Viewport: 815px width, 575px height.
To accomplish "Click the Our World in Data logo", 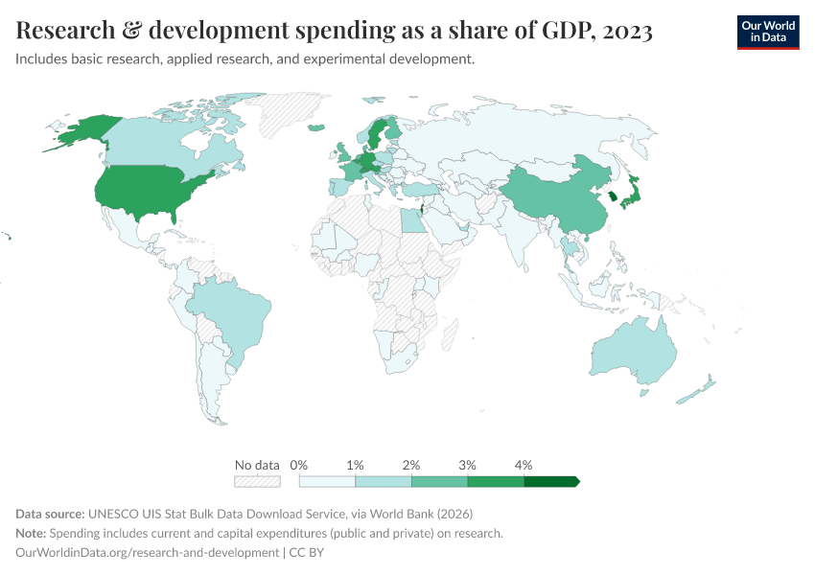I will tap(767, 32).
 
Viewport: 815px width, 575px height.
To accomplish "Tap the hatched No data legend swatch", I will tap(257, 481).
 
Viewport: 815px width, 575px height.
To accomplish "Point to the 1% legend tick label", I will tap(355, 465).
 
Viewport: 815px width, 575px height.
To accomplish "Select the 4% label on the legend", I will tap(524, 465).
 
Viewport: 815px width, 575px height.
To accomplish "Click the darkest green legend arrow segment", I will tap(551, 481).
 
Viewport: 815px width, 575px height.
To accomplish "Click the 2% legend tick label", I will tap(411, 465).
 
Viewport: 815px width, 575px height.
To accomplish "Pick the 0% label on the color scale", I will tap(298, 465).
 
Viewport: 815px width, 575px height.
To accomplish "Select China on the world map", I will tap(556, 196).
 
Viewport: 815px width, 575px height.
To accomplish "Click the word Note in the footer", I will tap(32, 533).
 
